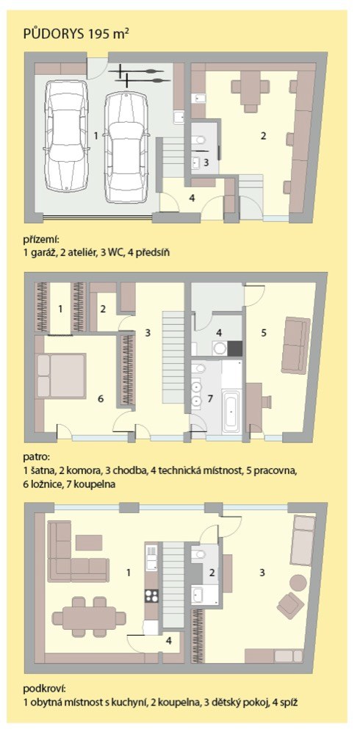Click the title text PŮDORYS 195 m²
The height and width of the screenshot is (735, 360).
(x=76, y=35)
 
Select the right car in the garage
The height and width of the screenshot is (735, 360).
(x=126, y=146)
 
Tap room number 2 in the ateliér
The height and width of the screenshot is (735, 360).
(x=264, y=136)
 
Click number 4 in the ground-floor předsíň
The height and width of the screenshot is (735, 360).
(x=192, y=197)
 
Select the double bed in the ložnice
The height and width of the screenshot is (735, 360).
(x=61, y=376)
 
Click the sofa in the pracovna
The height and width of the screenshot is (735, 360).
(x=295, y=345)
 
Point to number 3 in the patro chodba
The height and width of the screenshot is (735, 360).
(x=148, y=333)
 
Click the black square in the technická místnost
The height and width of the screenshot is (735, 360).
(x=235, y=348)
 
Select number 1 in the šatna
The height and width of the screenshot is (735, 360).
(x=60, y=309)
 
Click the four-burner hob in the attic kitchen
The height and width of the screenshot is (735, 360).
(x=151, y=595)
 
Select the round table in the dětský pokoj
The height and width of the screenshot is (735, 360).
(x=298, y=583)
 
